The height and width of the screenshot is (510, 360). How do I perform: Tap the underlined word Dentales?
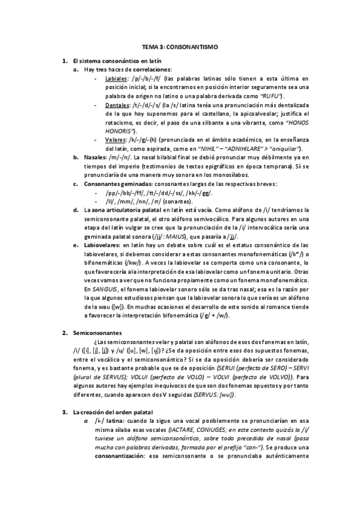[117, 104]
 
